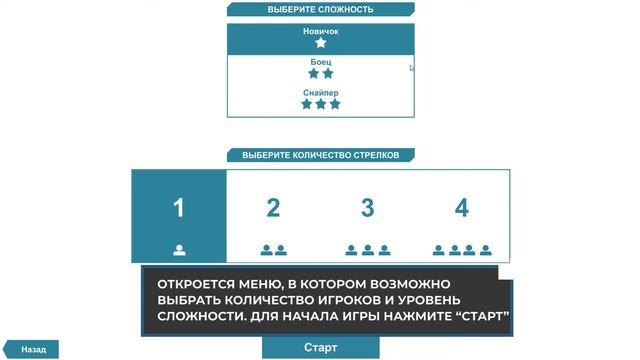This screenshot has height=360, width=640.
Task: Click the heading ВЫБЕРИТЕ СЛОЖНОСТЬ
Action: pos(320,10)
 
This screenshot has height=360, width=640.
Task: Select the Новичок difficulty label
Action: pos(321,31)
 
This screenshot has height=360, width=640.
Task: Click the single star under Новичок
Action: pos(321,43)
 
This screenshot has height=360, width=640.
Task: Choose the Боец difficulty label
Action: pos(321,62)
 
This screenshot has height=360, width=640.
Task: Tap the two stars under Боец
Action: pos(321,73)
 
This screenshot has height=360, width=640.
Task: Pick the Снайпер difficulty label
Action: pos(321,93)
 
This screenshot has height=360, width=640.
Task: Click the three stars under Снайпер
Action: pos(321,104)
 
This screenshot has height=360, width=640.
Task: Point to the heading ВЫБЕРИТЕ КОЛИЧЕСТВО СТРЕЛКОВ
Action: pos(321,156)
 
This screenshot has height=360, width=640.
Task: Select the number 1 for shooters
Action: pos(179,208)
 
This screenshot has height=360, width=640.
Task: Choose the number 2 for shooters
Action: pos(273,208)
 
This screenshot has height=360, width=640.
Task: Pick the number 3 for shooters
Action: pos(367,208)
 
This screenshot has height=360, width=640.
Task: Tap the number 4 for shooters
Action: pos(461,208)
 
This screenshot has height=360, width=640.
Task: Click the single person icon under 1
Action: pos(179,250)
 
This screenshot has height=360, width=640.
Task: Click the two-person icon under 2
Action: pos(273,250)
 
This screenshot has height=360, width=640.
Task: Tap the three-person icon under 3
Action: pos(367,250)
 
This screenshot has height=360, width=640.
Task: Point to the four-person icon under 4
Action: pos(461,250)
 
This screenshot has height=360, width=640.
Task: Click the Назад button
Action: pos(33,350)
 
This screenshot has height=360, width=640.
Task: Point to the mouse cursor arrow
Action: pos(412,68)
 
